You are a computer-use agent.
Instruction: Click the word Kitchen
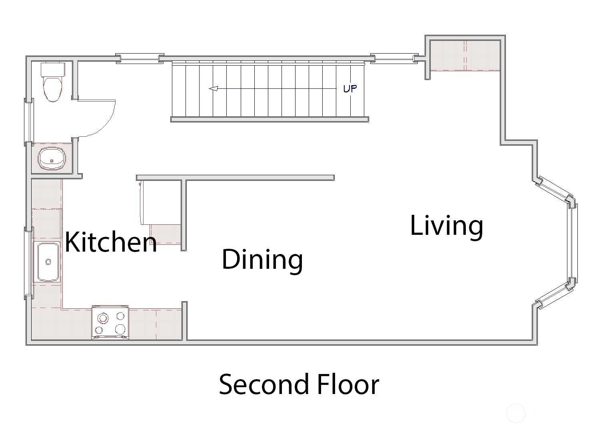[111, 242]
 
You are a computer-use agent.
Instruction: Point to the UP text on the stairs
[350, 88]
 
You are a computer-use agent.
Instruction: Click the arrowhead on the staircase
[214, 88]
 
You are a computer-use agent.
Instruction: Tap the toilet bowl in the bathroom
[53, 89]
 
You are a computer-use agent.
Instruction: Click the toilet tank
[53, 70]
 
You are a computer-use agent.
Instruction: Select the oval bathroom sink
[52, 159]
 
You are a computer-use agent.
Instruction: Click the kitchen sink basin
[48, 262]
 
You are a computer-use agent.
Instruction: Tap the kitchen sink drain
[48, 262]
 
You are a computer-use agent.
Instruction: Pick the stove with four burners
[110, 323]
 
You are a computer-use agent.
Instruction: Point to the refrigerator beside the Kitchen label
[160, 202]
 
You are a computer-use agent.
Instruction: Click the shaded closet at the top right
[465, 55]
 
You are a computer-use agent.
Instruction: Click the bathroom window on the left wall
[29, 120]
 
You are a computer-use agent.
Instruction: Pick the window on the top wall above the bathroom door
[140, 58]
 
